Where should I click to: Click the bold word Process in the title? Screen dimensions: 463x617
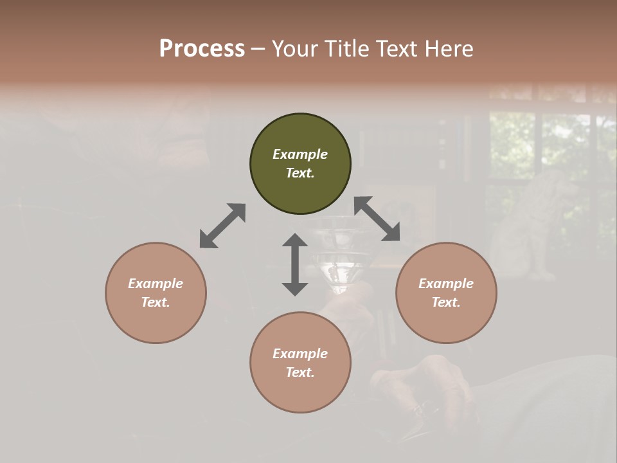(202, 49)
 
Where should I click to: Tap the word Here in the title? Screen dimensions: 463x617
(449, 49)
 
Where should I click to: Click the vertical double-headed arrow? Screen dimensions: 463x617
(295, 264)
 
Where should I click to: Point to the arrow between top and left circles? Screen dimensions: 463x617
(222, 226)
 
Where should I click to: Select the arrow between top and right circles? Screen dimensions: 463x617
(377, 219)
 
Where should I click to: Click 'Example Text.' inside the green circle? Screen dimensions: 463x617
(300, 163)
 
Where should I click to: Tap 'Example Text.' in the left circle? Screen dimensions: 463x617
(156, 293)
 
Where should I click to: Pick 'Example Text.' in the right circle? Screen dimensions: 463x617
(446, 293)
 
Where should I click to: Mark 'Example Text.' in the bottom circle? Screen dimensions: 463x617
(300, 363)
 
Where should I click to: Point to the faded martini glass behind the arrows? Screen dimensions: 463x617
(337, 254)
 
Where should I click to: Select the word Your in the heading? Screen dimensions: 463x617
(295, 49)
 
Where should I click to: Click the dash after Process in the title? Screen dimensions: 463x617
(258, 49)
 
